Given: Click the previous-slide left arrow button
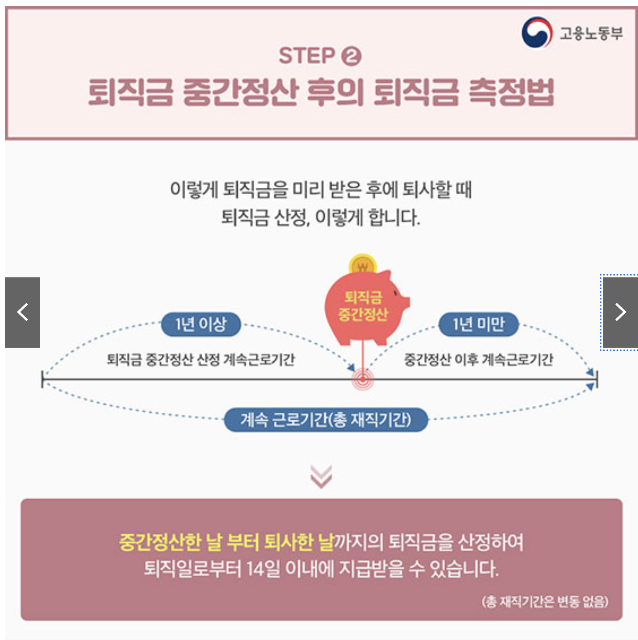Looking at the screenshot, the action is coord(22,313).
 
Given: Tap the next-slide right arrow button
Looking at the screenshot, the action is coord(620,313).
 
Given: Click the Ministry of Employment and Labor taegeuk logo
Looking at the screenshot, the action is coord(537,32).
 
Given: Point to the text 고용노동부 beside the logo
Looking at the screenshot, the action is coord(591,33).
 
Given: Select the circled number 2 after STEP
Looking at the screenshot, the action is coord(351,56).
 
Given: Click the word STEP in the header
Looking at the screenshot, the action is coord(307,56).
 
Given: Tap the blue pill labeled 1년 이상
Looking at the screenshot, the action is coord(201,324).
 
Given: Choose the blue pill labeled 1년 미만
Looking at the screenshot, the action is coord(479,324).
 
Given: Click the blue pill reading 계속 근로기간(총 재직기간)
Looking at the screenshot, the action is coord(326,420).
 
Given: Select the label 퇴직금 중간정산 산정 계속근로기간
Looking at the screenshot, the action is coord(201,360).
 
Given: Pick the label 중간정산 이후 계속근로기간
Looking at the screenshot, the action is coord(479,360).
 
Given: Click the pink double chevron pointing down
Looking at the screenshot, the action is coord(321,476).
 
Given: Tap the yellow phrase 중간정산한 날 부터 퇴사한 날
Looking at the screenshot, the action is coord(226,542).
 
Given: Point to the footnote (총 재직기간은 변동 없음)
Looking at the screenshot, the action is coord(545,601).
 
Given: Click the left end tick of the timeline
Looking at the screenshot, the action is coord(43,379).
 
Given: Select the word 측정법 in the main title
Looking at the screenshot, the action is coord(511,92).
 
